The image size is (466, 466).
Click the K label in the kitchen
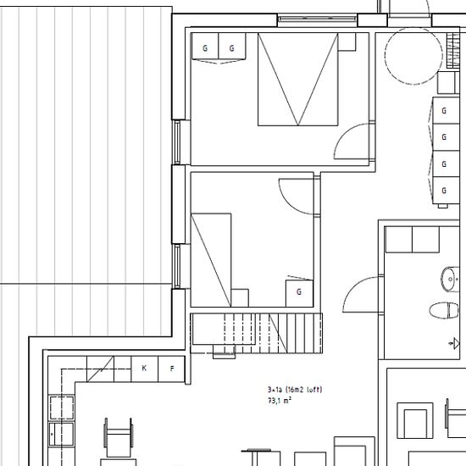144,369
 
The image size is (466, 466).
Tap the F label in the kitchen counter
172,369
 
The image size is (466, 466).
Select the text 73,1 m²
280,400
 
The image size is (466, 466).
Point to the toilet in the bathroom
441,309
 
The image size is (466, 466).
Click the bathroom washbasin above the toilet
448,276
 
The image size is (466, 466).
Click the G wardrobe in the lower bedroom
299,291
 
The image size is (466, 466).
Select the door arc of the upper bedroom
355,140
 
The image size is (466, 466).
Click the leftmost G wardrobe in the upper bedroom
205,48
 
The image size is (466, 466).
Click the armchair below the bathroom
418,421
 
